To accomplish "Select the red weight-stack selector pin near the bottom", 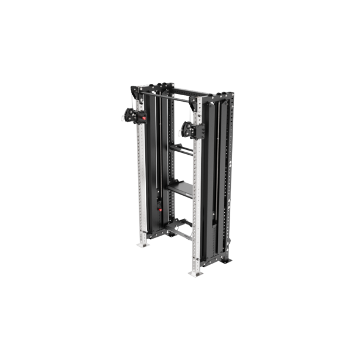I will click(x=159, y=208).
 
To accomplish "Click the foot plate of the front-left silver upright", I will click(x=142, y=244).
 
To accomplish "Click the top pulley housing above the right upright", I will click(x=198, y=107).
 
